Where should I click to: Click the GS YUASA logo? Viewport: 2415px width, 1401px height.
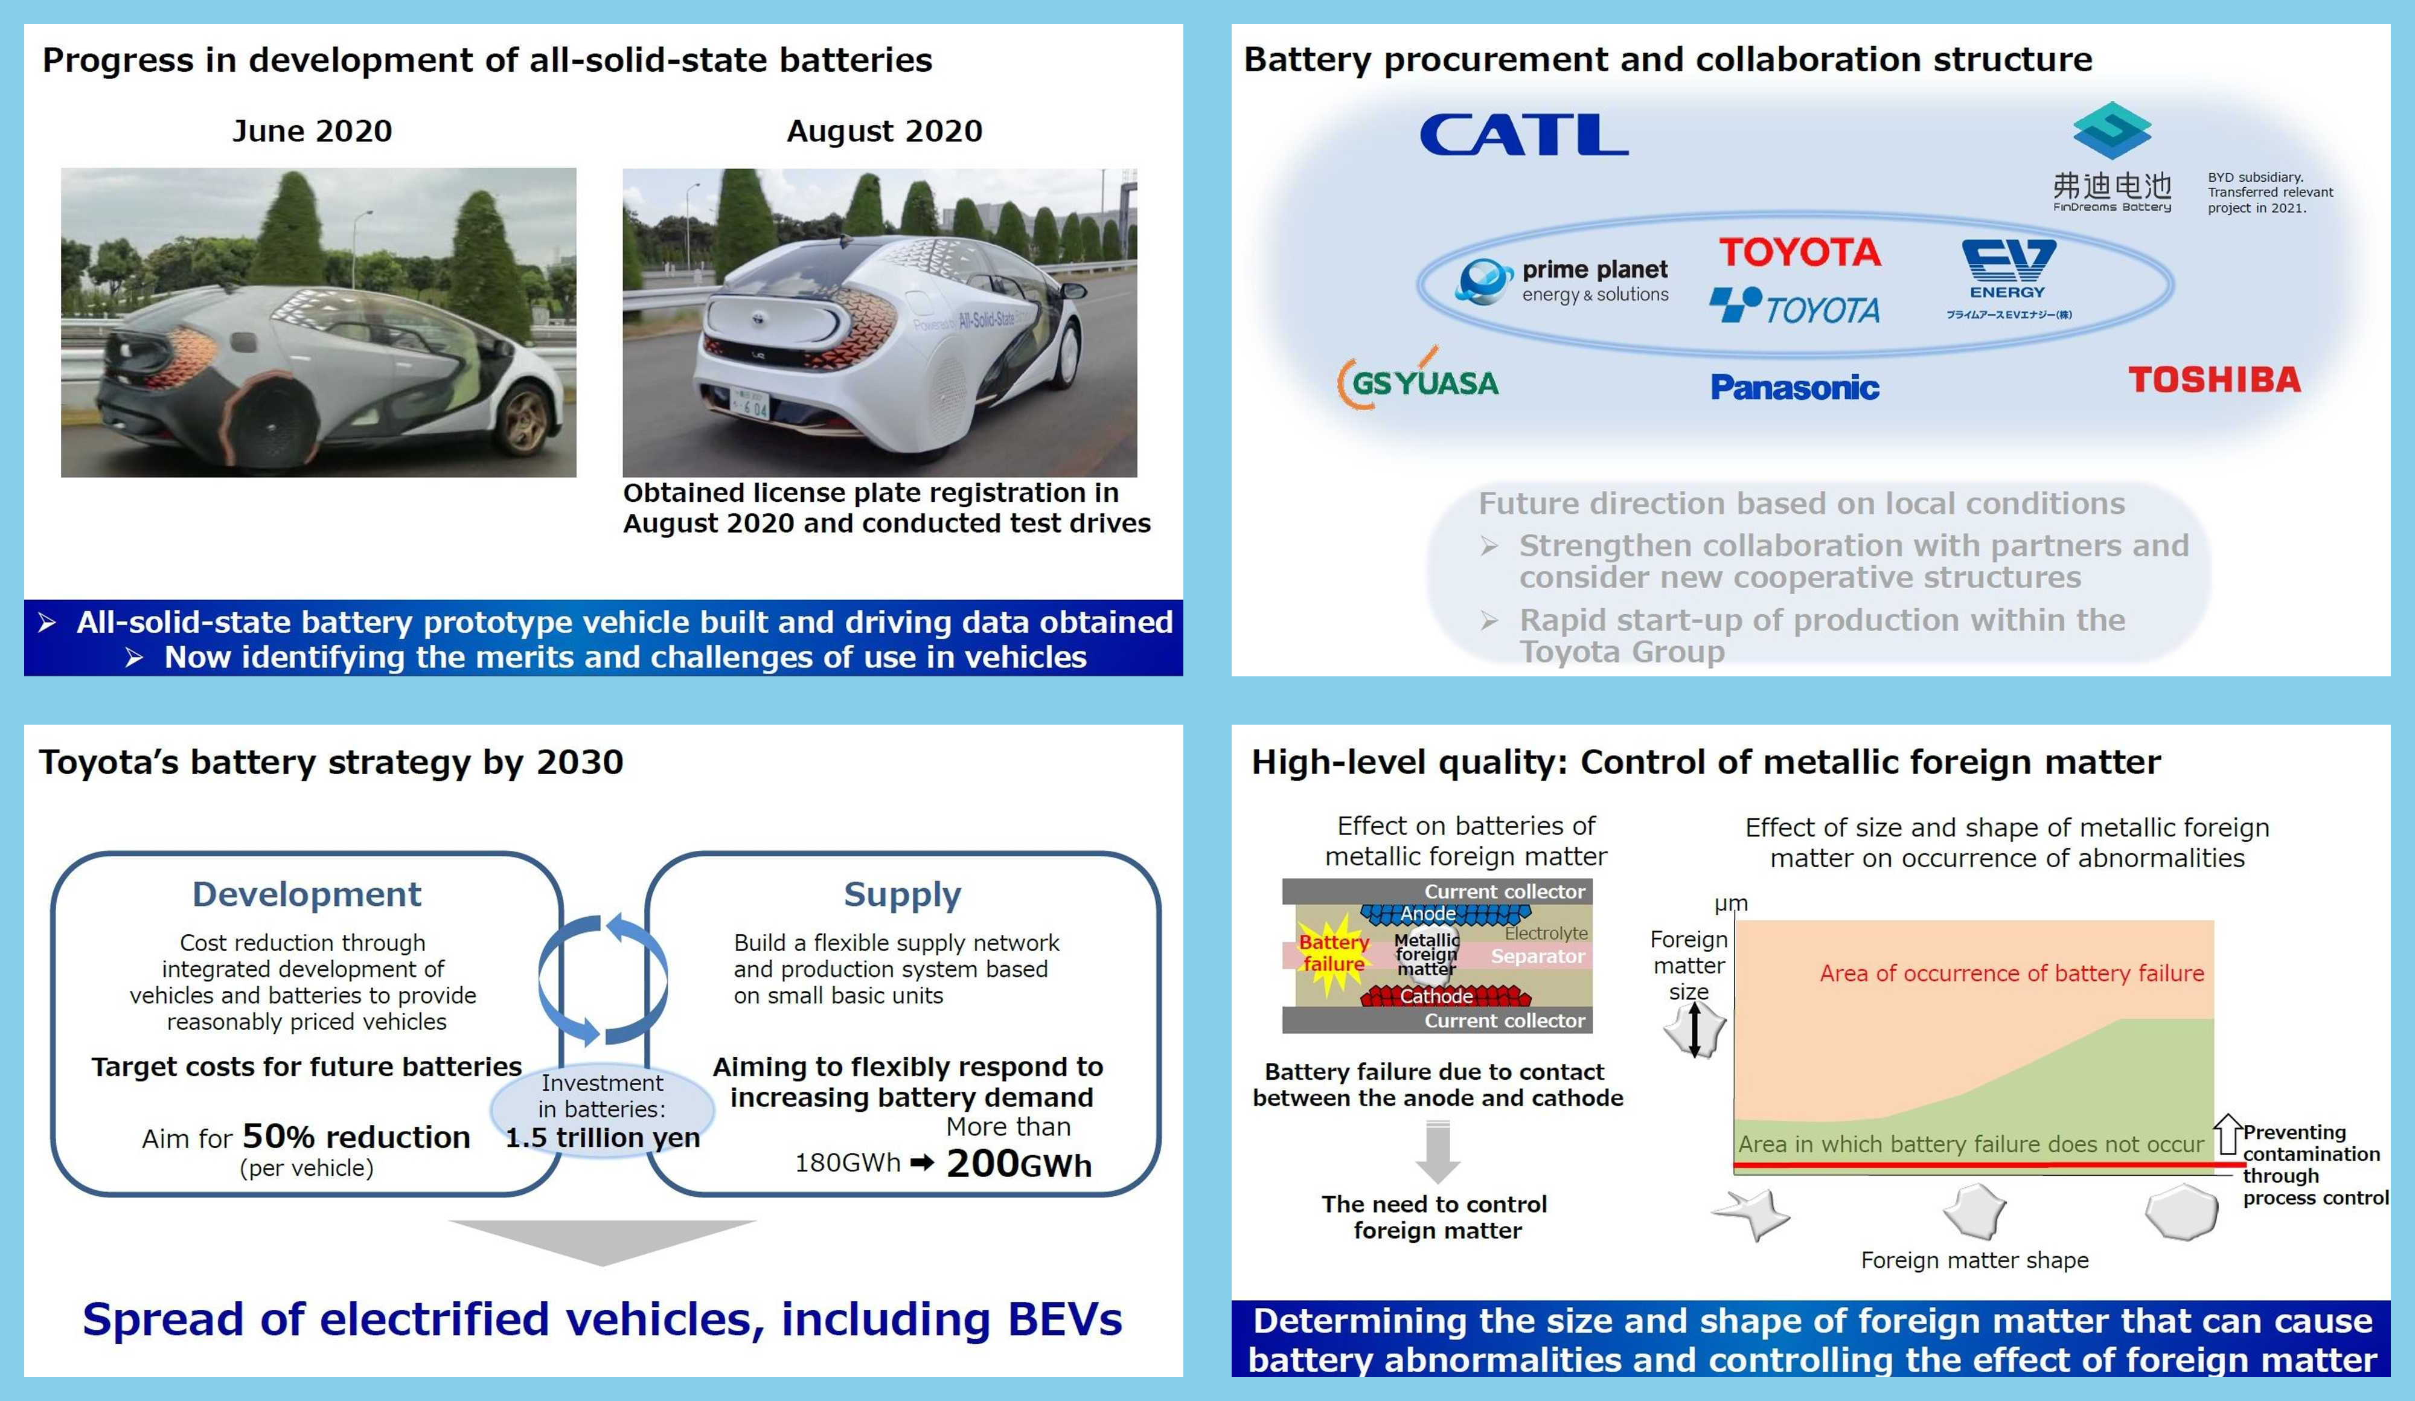[x=1419, y=382]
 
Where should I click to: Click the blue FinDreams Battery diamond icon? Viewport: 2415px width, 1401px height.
[x=2111, y=131]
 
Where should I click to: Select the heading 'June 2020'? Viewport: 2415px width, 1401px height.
[x=312, y=130]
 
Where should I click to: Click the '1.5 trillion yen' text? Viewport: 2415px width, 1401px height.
[x=602, y=1138]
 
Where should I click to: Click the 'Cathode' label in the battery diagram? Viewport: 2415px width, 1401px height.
[x=1436, y=996]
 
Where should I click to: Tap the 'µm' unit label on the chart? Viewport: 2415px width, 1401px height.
[x=1731, y=903]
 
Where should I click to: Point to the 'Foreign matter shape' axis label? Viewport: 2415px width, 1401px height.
[x=1974, y=1260]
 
